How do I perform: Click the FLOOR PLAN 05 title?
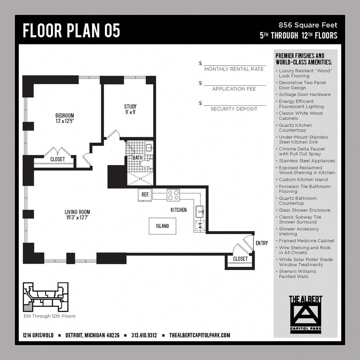[x=71, y=31]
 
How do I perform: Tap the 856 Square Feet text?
[x=308, y=25]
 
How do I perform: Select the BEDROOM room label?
[x=65, y=118]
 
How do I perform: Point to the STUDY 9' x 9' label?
[x=131, y=109]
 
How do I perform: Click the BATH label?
[x=137, y=158]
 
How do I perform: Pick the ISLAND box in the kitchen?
[x=162, y=226]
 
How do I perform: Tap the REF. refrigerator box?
[x=145, y=195]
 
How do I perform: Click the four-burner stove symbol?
[x=173, y=195]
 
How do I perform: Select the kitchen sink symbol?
[x=200, y=211]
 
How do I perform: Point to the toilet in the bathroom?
[x=147, y=163]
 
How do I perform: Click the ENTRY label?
[x=261, y=243]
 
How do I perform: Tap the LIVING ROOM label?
[x=77, y=215]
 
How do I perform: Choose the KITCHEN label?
[x=179, y=210]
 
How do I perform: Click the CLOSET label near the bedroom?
[x=58, y=159]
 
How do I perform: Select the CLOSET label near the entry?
[x=240, y=258]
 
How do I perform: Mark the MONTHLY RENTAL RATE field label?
[x=234, y=69]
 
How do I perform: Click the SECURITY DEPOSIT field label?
[x=234, y=109]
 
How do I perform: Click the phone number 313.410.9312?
[x=144, y=335]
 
